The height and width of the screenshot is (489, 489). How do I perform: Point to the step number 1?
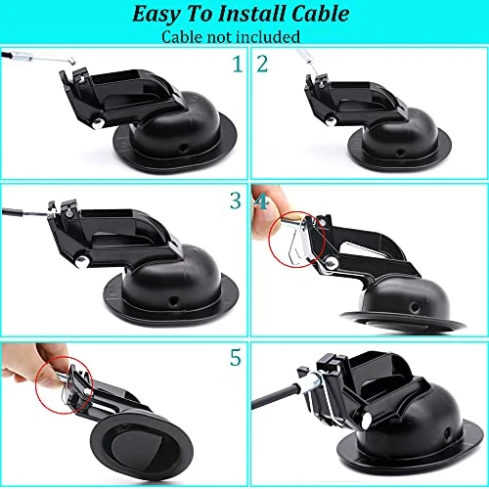coord(236,66)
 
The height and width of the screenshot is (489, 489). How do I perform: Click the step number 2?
coord(262,66)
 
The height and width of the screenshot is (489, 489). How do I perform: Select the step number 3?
coord(235,201)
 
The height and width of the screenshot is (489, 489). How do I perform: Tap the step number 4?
coord(262,201)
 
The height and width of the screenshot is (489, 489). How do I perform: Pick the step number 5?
coord(235,358)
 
